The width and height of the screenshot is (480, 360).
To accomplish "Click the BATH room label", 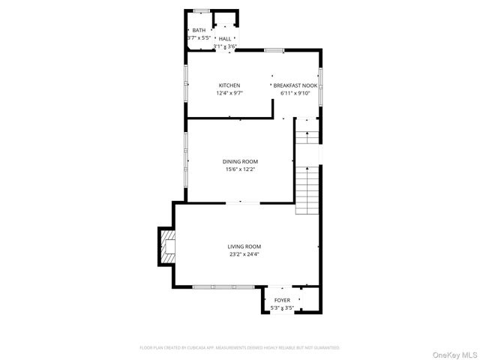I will pos(198,30).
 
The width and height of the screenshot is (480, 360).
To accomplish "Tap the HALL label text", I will pos(225,38).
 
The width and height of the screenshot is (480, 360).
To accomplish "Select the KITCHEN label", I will pos(229,85).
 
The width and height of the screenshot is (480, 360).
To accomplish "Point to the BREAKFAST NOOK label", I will pos(295,85).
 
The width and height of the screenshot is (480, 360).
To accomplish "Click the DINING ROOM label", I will pos(240,161).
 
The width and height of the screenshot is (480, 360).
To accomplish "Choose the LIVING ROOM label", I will pos(244,246).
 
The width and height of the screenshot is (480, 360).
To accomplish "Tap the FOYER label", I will pos(282,300).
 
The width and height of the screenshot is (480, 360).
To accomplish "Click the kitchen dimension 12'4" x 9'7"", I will pos(229,94).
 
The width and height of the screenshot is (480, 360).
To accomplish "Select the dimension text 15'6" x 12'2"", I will pos(240,169).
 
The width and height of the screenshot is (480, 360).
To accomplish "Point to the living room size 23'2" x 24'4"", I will pos(244,254).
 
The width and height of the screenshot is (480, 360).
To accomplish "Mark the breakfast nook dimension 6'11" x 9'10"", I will pos(295,94).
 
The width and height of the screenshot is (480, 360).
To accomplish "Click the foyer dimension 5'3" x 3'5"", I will pos(282,307).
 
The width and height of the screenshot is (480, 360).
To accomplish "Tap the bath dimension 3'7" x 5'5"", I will pos(199,37).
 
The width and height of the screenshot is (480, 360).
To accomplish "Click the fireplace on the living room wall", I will pos(167,247).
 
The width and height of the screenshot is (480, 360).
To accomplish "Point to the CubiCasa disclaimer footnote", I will pos(240,348).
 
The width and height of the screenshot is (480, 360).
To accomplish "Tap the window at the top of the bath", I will pos(201,10).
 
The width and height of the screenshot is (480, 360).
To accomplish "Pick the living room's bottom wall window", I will pos(223,286).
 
